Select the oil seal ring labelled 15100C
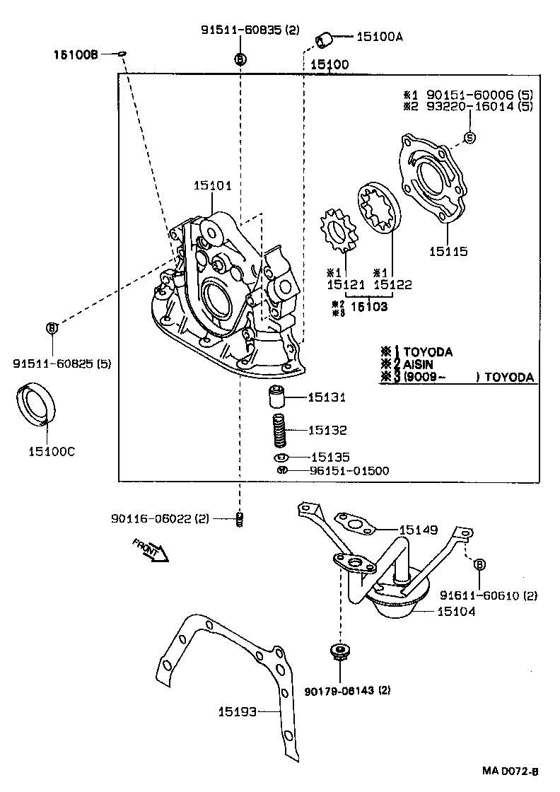[36, 404]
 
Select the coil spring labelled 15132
[280, 430]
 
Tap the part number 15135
[329, 458]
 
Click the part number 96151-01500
[349, 470]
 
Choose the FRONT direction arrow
[151, 549]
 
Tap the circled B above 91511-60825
[52, 327]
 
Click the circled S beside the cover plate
[469, 136]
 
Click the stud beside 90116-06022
[240, 520]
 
